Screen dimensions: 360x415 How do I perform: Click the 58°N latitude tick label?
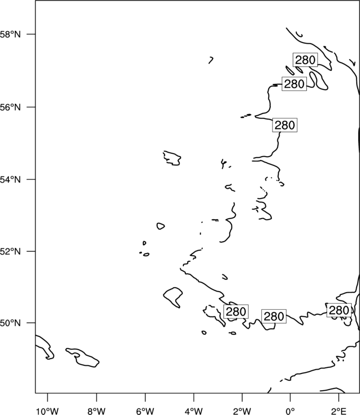point(10,34)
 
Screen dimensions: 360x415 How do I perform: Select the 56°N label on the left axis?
point(10,107)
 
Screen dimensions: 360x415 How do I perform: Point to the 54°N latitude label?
point(10,179)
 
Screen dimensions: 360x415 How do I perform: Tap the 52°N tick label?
point(10,251)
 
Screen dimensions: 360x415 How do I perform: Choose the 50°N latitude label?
point(10,323)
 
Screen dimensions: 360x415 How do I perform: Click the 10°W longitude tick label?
point(47,411)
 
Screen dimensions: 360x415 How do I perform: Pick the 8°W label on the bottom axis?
point(96,411)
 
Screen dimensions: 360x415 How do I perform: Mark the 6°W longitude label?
point(145,411)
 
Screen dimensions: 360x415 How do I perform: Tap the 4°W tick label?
point(194,411)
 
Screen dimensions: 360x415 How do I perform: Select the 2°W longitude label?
point(242,411)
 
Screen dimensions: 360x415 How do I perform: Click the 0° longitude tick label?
point(290,411)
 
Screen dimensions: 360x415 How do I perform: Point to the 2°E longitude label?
point(339,411)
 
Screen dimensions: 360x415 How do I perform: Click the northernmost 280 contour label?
point(305,60)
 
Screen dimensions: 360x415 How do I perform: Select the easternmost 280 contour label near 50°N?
point(339,310)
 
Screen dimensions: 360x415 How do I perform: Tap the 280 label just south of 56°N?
point(285,125)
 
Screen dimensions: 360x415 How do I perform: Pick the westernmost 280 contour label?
point(236,311)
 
